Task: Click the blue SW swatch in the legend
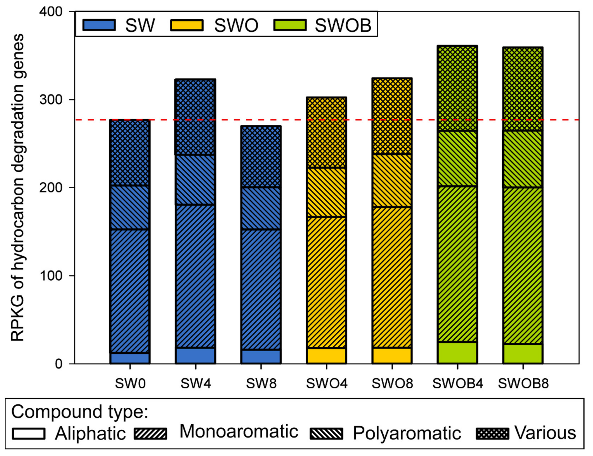[x=99, y=25]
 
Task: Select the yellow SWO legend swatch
[x=187, y=25]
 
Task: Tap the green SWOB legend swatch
[x=290, y=25]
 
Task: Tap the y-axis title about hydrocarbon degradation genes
[x=18, y=187]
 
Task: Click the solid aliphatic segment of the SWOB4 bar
[x=458, y=353]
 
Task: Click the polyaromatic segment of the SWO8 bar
[x=392, y=181]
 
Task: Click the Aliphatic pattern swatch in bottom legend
[x=29, y=434]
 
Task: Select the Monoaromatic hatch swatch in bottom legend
[x=151, y=434]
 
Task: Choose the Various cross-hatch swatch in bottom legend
[x=492, y=434]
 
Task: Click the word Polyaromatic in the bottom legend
[x=407, y=433]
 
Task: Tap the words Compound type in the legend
[x=80, y=412]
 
